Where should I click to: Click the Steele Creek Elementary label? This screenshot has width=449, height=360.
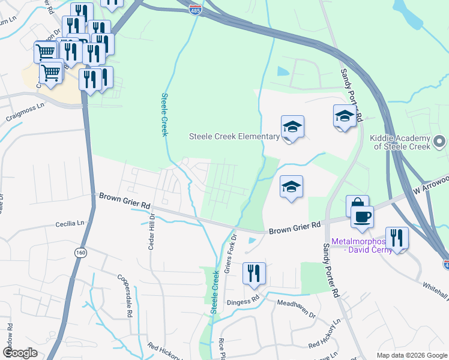pos(234,136)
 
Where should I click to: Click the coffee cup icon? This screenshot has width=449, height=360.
pos(362,216)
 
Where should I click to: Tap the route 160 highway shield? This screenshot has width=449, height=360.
pos(80,253)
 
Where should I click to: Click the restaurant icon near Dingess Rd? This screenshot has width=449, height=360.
pos(254,273)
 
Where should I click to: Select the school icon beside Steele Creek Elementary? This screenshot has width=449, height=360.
pos(292,126)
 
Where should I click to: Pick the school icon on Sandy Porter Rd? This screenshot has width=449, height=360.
pos(345,115)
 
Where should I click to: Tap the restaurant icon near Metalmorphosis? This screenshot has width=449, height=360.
pos(397,237)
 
